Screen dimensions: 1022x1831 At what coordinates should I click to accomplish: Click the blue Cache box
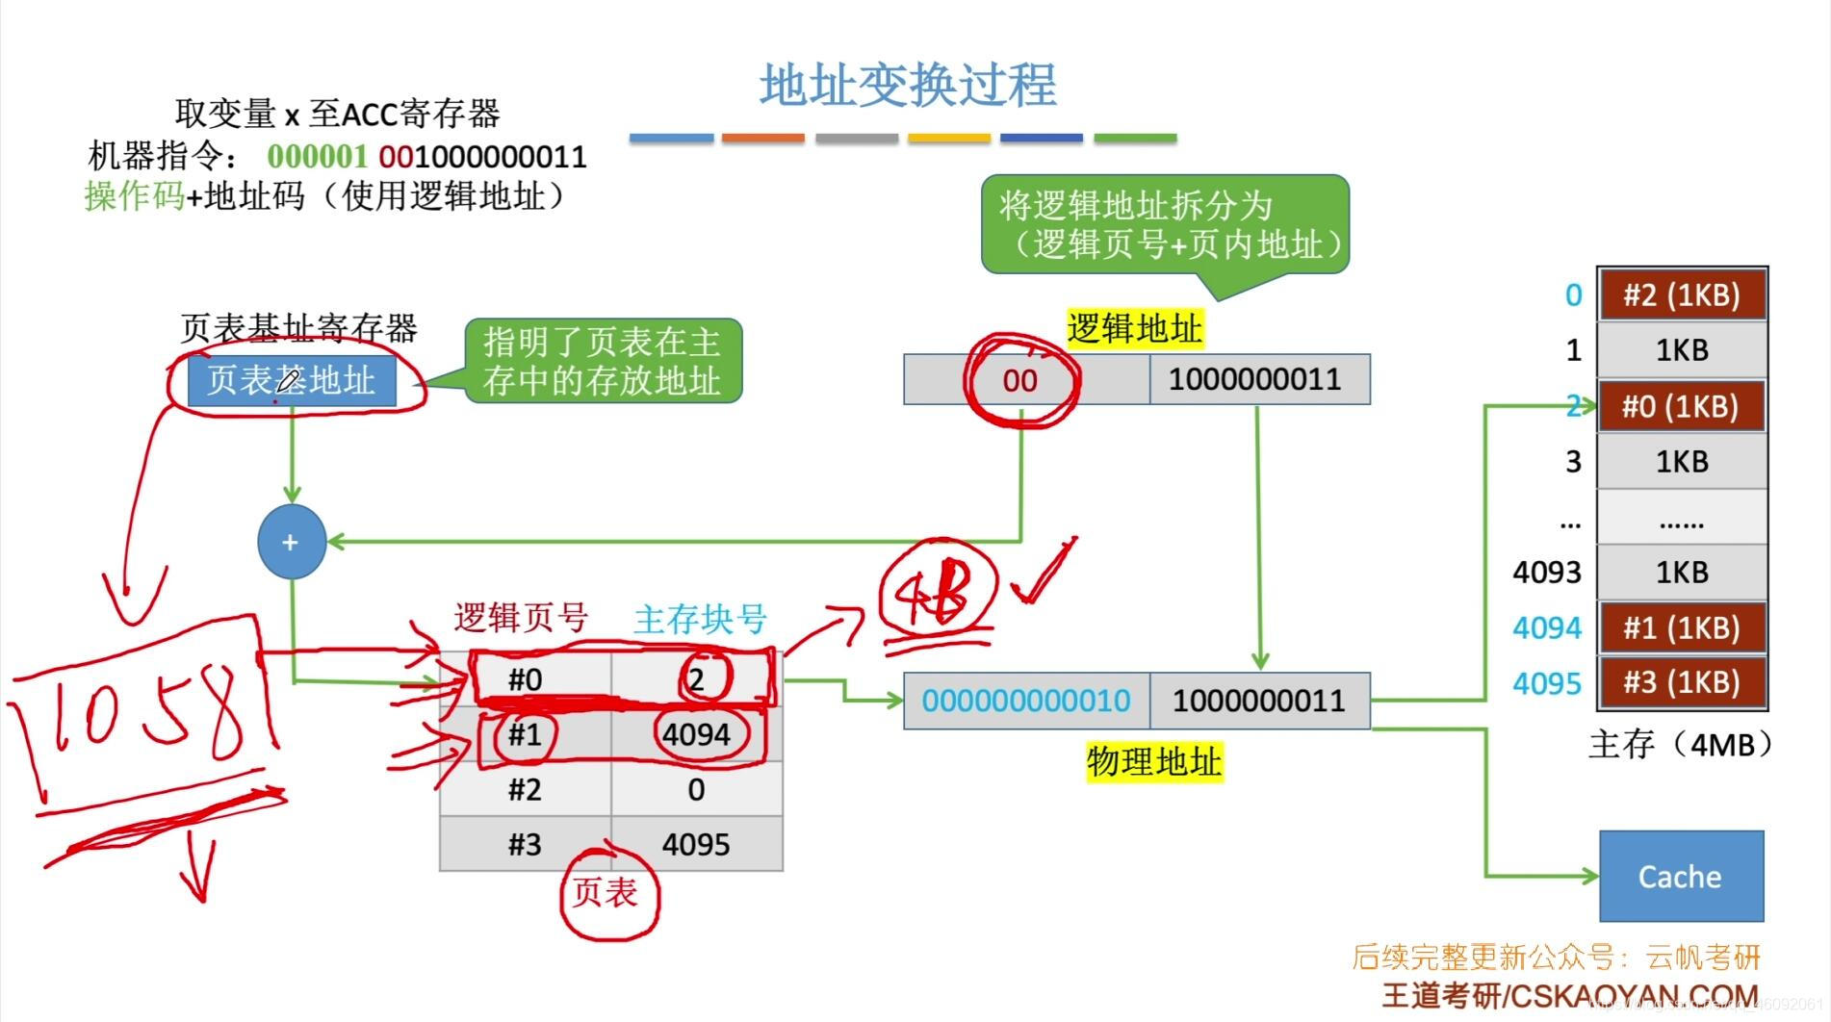(x=1681, y=876)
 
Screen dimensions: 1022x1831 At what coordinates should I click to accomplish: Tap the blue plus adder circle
(x=291, y=542)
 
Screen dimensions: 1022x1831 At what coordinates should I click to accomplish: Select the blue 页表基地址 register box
(x=291, y=380)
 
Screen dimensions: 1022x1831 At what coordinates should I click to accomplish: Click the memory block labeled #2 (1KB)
(x=1682, y=294)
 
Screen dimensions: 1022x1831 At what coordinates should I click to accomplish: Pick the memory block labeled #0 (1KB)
(x=1682, y=406)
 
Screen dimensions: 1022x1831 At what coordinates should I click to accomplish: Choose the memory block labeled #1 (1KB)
(x=1682, y=627)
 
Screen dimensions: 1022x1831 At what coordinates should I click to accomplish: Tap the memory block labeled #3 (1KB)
(x=1682, y=682)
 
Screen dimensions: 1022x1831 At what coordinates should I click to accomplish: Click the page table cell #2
(x=526, y=789)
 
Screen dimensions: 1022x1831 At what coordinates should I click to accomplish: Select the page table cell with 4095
(x=696, y=844)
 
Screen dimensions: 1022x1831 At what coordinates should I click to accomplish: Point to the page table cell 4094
(x=696, y=734)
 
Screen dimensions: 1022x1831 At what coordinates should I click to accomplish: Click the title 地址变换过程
(x=908, y=85)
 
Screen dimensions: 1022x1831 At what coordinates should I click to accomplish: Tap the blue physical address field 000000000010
(x=1026, y=701)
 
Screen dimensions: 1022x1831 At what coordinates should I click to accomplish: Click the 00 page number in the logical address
(x=1020, y=380)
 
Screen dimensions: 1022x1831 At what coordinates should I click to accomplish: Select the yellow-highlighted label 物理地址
(x=1154, y=761)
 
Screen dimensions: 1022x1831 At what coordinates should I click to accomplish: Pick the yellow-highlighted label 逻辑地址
(x=1135, y=329)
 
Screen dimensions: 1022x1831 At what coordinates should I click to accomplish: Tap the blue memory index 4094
(x=1547, y=628)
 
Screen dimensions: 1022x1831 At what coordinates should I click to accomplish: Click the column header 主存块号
(x=700, y=619)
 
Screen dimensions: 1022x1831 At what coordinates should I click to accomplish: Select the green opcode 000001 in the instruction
(x=317, y=156)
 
